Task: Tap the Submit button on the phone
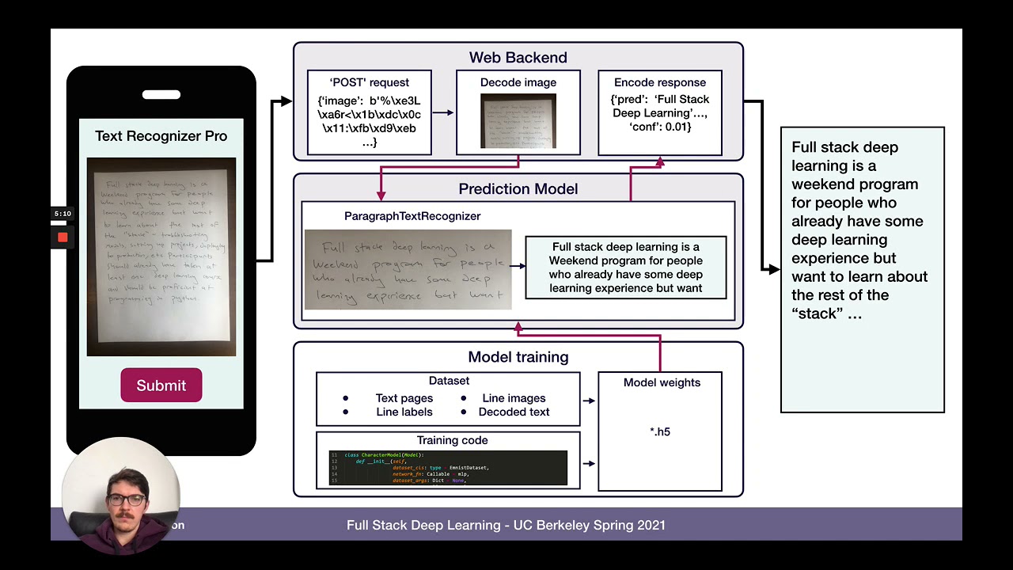[x=161, y=386]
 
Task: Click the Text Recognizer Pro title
[x=161, y=136]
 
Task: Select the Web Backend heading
[x=518, y=58]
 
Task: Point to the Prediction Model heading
[x=518, y=189]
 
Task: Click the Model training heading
[x=518, y=357]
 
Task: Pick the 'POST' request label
[x=369, y=82]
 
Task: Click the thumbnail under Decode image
[x=518, y=120]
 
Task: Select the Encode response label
[x=659, y=82]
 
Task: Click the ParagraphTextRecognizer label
[x=412, y=216]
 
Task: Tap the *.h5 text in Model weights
[x=659, y=431]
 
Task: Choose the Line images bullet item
[x=514, y=398]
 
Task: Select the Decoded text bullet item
[x=514, y=412]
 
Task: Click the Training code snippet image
[x=448, y=468]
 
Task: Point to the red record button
[x=63, y=237]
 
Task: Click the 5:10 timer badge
[x=63, y=214]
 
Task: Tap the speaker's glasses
[x=126, y=500]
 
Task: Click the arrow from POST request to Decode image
[x=443, y=112]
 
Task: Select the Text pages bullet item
[x=404, y=398]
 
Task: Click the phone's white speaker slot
[x=161, y=95]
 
